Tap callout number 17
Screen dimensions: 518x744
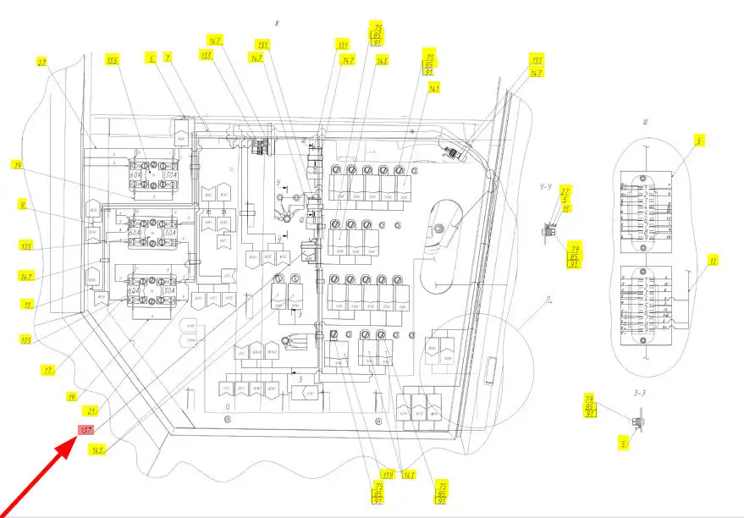tap(49, 369)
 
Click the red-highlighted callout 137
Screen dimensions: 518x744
tap(86, 431)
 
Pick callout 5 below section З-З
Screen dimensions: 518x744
tap(624, 442)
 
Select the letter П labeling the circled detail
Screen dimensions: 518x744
tap(549, 300)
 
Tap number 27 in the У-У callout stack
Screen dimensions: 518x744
tap(565, 191)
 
